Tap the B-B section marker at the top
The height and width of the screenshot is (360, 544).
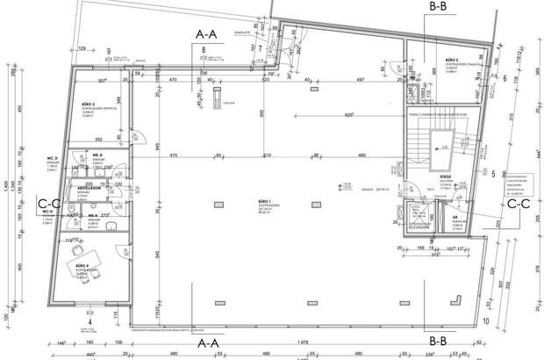441,9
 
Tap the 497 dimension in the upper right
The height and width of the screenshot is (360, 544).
360,80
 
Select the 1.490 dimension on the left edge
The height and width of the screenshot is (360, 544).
6,188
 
